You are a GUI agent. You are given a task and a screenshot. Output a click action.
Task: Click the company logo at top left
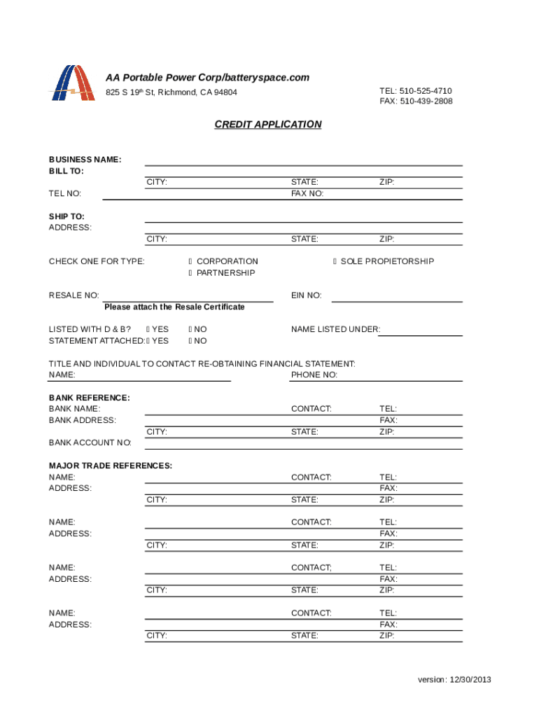click(x=72, y=83)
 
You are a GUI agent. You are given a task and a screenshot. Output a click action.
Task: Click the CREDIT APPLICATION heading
click(x=268, y=125)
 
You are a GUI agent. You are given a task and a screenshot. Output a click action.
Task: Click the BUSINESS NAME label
click(x=85, y=160)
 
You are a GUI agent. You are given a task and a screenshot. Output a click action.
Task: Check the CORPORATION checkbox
click(x=190, y=262)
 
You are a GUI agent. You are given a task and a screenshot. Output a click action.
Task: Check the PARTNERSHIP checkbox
click(x=190, y=273)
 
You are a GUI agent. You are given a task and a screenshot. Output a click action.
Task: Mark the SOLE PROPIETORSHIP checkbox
click(x=335, y=262)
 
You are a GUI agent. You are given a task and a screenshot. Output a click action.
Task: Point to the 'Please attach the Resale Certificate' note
click(x=174, y=307)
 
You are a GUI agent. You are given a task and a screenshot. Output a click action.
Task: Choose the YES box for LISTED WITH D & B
click(x=148, y=329)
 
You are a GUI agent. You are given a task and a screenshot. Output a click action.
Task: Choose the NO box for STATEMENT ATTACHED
click(x=190, y=341)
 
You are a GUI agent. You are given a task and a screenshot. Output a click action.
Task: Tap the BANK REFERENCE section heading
click(x=89, y=398)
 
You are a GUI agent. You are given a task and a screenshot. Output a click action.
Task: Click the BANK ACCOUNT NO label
click(x=90, y=443)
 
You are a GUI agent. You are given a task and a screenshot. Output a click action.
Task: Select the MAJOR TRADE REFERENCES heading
click(x=111, y=466)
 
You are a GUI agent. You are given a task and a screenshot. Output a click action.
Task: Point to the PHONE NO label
click(x=314, y=375)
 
